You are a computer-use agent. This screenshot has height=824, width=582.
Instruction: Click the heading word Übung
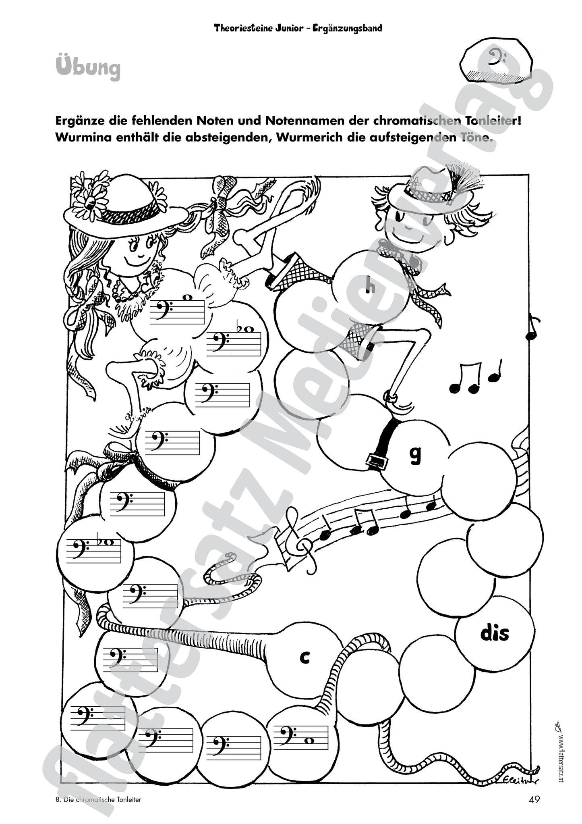coord(88,68)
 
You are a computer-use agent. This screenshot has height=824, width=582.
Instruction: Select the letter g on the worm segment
coord(415,454)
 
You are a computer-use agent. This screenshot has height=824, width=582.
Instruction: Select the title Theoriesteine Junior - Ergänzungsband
coord(298,28)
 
